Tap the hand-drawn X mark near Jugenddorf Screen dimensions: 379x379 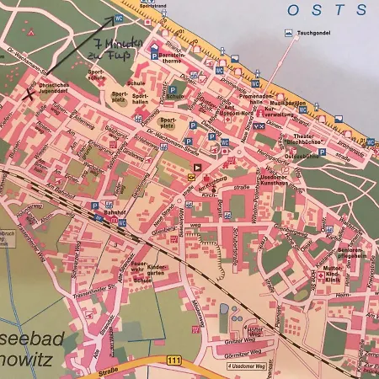pos(30,93)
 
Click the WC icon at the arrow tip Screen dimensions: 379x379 pos(119,18)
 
